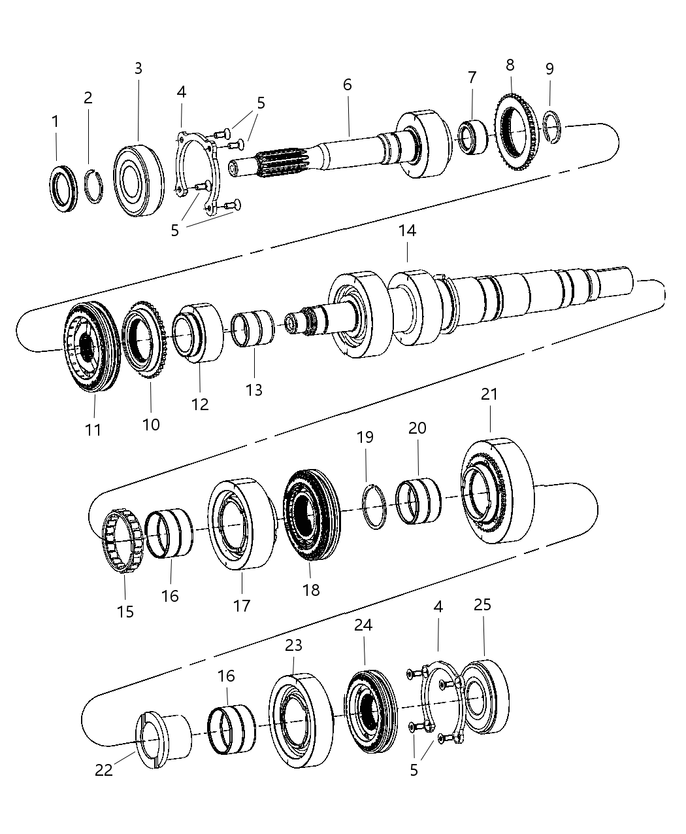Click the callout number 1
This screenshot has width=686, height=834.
point(56,122)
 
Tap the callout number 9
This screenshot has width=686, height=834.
point(549,69)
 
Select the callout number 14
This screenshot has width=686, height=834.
point(407,231)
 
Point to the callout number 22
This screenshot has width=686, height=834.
point(104,770)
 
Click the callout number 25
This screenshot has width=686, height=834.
point(482,605)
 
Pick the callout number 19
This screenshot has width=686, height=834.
point(365,437)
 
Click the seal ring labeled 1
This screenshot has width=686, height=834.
point(64,190)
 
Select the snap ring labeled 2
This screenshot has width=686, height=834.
point(95,186)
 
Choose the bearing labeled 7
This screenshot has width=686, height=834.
point(475,137)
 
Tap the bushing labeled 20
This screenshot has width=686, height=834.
point(418,502)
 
